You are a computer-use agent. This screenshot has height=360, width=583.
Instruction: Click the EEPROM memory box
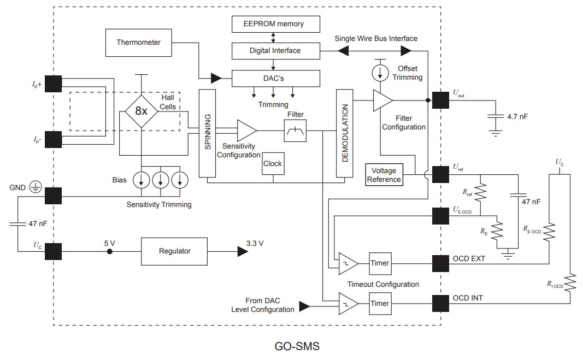click(x=275, y=24)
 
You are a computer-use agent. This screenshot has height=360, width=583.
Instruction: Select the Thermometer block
click(x=138, y=42)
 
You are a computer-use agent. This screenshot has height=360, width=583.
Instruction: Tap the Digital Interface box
click(x=275, y=51)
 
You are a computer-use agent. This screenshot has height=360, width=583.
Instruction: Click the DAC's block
click(x=275, y=78)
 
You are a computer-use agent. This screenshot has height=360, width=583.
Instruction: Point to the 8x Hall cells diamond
click(x=141, y=111)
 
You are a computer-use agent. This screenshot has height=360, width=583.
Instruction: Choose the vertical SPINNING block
click(x=207, y=134)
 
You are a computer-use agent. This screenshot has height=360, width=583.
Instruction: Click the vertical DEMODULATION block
click(x=345, y=134)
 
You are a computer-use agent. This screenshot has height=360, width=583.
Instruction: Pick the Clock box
click(x=272, y=163)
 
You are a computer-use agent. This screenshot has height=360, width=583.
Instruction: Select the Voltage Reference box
click(x=384, y=175)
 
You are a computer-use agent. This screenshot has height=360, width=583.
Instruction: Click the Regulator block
click(x=175, y=251)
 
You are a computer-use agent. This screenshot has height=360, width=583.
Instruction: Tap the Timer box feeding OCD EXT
click(x=380, y=263)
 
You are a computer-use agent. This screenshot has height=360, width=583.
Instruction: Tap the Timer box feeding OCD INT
click(x=380, y=303)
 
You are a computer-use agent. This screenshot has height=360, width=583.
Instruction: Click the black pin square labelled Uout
click(x=440, y=100)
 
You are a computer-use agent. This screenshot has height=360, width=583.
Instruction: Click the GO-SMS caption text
click(x=297, y=346)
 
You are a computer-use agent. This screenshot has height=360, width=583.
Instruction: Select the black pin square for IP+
click(x=53, y=84)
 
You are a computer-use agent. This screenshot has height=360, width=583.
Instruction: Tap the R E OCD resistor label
click(x=531, y=231)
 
